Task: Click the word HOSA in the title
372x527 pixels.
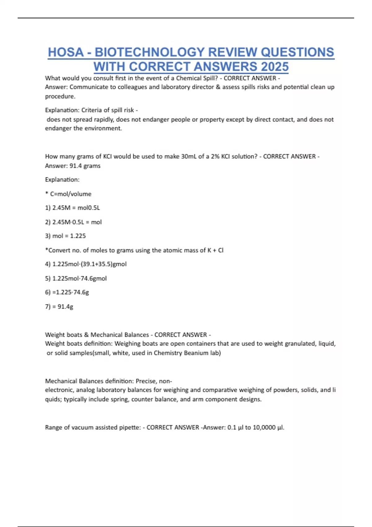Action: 65,52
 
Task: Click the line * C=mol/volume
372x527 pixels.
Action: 68,194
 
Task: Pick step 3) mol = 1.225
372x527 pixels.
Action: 65,236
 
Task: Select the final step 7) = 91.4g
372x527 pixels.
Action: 59,307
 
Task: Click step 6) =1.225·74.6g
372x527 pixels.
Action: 67,292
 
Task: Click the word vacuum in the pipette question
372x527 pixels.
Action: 82,427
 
